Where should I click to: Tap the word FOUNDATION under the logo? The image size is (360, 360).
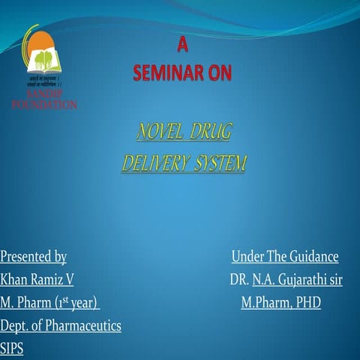(43, 105)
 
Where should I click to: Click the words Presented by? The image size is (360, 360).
(34, 257)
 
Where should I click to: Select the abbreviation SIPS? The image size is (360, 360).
(12, 348)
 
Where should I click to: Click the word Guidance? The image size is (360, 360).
(311, 257)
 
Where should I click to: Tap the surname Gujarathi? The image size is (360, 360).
(301, 280)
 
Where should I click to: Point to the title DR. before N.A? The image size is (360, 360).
(240, 280)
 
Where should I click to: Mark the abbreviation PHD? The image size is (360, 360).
(307, 303)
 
